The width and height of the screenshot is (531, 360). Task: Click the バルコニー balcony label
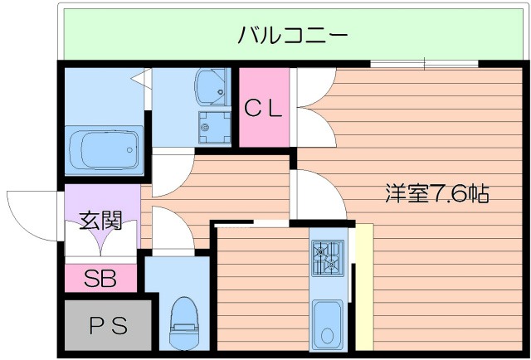pos(291,35)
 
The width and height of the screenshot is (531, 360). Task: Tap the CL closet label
pos(264,107)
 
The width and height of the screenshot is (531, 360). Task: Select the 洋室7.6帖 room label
pos(436,194)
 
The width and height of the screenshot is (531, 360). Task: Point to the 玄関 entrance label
pos(101,221)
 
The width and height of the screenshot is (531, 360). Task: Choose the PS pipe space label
pos(107,326)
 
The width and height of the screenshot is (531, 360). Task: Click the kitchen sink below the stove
pos(328,323)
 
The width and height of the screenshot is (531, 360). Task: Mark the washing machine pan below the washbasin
pos(213,127)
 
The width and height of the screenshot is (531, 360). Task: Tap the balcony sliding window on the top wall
pos(424,64)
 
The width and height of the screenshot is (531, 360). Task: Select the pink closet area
pos(264,124)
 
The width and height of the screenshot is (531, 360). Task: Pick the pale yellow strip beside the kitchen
pos(363,286)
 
